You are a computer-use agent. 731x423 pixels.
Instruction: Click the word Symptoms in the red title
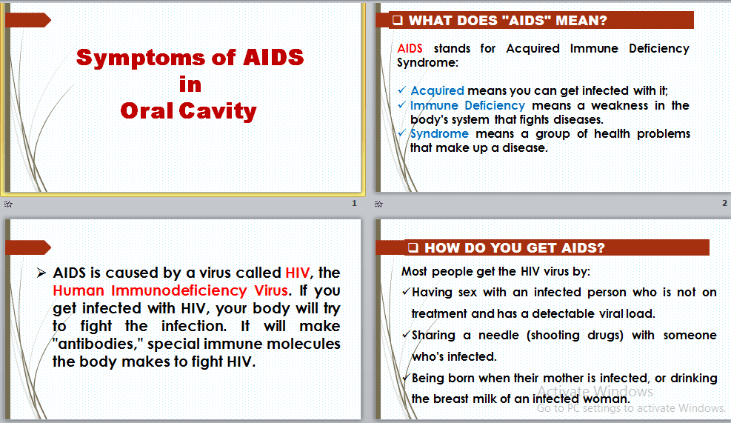[141, 59]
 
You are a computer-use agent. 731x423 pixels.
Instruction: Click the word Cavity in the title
[218, 111]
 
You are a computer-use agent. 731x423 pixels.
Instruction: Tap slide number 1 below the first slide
[354, 203]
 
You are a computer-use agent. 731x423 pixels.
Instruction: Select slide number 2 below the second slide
[724, 203]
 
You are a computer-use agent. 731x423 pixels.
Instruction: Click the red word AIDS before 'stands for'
[410, 48]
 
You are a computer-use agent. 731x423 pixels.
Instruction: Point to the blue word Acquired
[437, 91]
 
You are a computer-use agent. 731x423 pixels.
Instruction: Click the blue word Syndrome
[439, 134]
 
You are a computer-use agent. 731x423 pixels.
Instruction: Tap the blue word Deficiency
[495, 105]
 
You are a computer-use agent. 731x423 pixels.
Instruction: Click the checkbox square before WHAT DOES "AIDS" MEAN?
[397, 20]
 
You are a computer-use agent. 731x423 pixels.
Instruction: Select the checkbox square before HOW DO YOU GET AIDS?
[413, 247]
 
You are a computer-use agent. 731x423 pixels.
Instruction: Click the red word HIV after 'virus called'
[298, 273]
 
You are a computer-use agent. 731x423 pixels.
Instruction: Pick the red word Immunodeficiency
[179, 290]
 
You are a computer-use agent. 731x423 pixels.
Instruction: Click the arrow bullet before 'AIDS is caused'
[41, 273]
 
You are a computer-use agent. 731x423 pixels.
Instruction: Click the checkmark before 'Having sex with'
[406, 292]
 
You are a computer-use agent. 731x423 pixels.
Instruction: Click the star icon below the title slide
[8, 204]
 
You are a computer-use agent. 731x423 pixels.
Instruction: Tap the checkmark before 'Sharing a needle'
[406, 335]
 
